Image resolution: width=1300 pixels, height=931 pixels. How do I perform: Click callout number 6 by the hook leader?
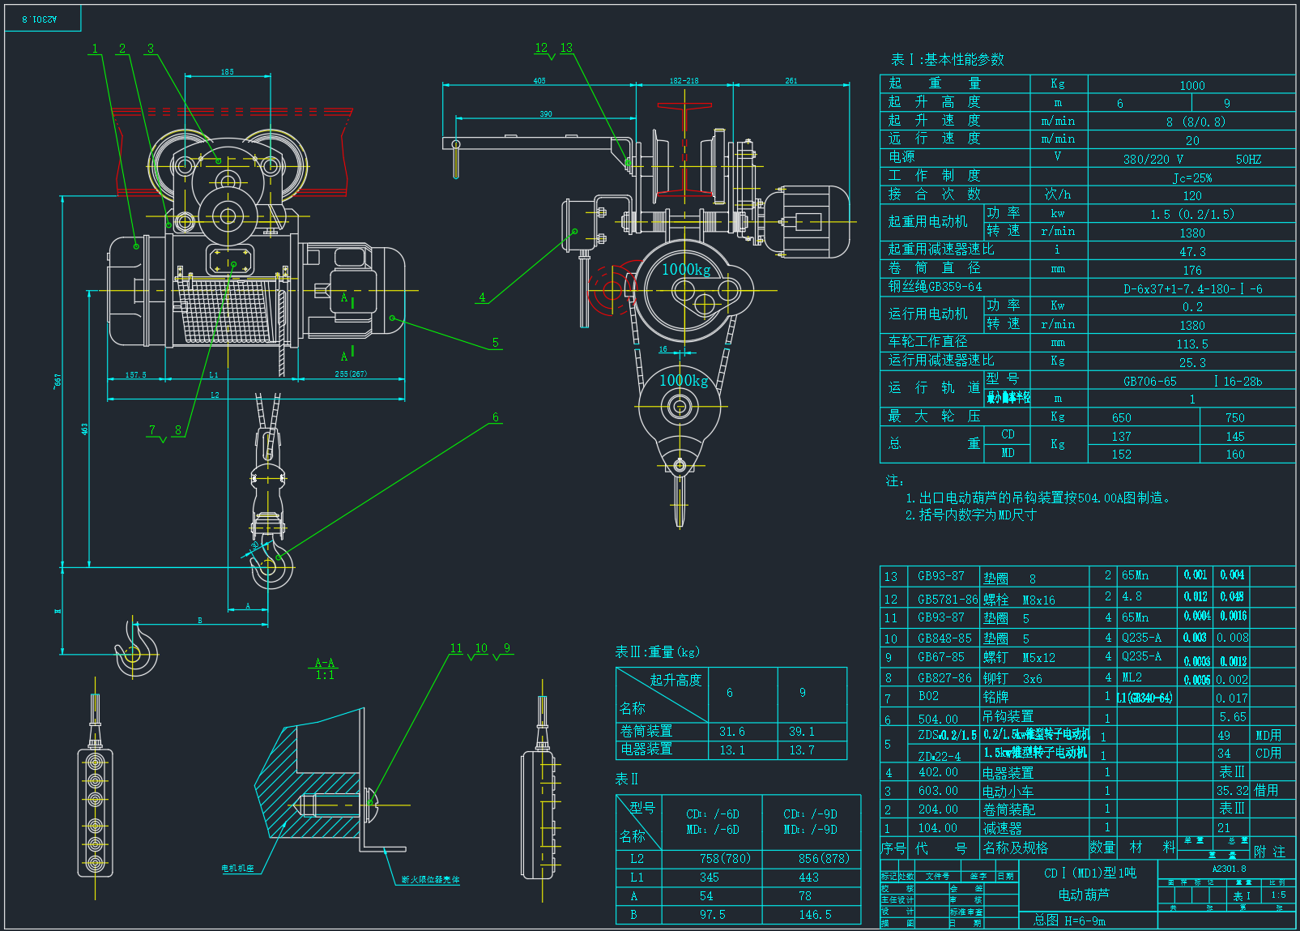(495, 418)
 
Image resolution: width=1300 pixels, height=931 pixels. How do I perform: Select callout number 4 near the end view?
(482, 297)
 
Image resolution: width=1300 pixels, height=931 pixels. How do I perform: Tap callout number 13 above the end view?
(566, 48)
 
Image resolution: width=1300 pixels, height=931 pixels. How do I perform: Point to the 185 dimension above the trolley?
(228, 72)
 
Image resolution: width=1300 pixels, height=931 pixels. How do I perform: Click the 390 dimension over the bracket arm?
(546, 114)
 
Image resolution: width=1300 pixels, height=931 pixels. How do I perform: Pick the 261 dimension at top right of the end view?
(791, 81)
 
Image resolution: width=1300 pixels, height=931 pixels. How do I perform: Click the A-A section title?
(325, 663)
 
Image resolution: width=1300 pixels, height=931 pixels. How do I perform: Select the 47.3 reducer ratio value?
(1192, 252)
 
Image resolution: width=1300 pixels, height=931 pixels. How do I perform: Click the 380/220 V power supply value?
(1153, 160)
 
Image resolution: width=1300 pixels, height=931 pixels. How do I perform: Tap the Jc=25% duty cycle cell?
(1192, 178)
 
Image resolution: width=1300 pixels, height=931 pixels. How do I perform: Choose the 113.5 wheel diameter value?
(1192, 344)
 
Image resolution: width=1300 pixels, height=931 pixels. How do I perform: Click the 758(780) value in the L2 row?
(725, 859)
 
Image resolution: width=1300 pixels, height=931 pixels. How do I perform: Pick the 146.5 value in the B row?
(815, 915)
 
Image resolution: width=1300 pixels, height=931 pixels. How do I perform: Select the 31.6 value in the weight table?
(732, 732)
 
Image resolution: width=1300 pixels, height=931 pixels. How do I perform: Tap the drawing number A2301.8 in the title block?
(1229, 869)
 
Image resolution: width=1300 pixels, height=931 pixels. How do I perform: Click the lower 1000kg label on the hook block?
(684, 381)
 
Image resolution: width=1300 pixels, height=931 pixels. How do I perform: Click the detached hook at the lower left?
(136, 648)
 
